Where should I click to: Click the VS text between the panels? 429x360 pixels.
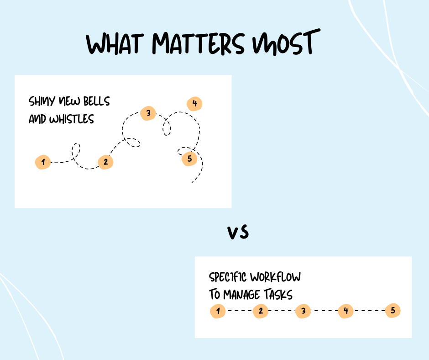click(238, 233)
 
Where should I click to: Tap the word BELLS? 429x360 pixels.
click(95, 101)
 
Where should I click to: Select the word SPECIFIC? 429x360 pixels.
click(228, 277)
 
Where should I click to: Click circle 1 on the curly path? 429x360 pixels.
click(42, 162)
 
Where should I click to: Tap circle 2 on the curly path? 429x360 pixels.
click(105, 162)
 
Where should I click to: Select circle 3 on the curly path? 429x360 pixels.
click(148, 113)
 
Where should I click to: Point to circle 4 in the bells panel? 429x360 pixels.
click(194, 104)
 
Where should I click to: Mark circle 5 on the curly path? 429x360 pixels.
click(189, 159)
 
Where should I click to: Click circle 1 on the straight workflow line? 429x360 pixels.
click(218, 312)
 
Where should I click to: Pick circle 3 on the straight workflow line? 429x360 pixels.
click(303, 312)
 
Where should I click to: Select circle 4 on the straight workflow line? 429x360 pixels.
click(345, 312)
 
